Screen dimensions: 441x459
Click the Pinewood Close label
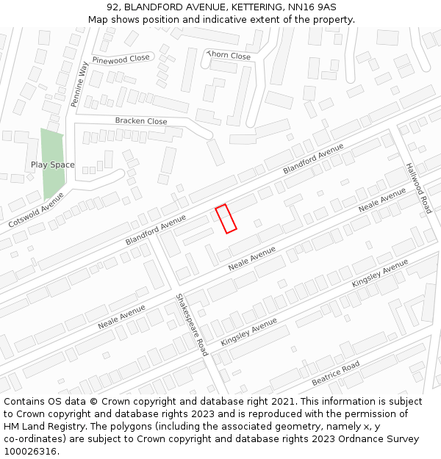click(121, 59)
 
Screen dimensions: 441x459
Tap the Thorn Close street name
click(229, 55)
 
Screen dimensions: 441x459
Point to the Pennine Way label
click(79, 84)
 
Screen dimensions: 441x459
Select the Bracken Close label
click(140, 121)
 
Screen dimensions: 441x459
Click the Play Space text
click(53, 165)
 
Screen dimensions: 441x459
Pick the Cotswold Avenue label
click(36, 209)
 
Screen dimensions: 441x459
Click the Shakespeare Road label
click(191, 324)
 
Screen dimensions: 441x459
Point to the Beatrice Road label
click(335, 374)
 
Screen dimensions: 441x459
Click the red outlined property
click(226, 219)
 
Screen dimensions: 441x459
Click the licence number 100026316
click(30, 452)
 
